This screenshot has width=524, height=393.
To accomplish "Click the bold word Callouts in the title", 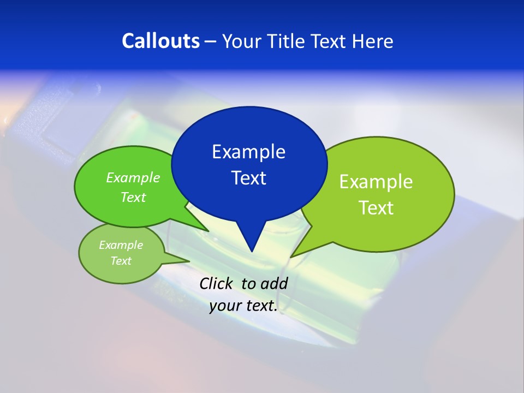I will pos(161,41).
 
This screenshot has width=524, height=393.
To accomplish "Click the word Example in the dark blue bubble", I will pos(248,151).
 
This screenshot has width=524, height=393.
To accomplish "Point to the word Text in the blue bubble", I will pos(248,178).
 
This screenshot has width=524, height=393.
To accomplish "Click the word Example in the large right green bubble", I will pos(376,181).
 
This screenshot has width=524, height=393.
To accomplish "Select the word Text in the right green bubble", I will pos(376,207).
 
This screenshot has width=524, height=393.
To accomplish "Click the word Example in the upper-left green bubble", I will pos(133,177).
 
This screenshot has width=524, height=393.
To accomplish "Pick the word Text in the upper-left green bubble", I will pos(133,197).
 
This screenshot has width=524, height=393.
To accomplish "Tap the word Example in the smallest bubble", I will pos(121,245).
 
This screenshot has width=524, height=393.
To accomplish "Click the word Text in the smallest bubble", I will pos(121,260).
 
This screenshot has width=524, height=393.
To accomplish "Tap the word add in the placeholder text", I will pos(274,283).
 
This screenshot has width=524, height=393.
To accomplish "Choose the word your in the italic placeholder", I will pos(225,306).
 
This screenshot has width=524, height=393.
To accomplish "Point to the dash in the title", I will pos(210,41).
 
